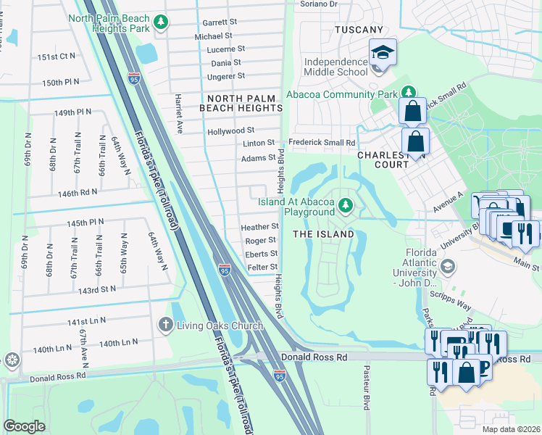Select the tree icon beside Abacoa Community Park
click(409, 94)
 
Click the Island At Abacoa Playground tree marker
click(346, 207)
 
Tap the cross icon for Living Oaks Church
click(165, 324)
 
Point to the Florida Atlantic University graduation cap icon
click(449, 266)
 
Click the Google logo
click(24, 426)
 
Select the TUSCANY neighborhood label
click(359, 30)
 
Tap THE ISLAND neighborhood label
click(323, 234)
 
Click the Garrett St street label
click(220, 22)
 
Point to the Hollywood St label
click(230, 131)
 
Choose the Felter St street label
click(263, 268)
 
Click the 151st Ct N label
click(57, 56)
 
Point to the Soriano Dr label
click(319, 4)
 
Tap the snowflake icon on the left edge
click(12, 360)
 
